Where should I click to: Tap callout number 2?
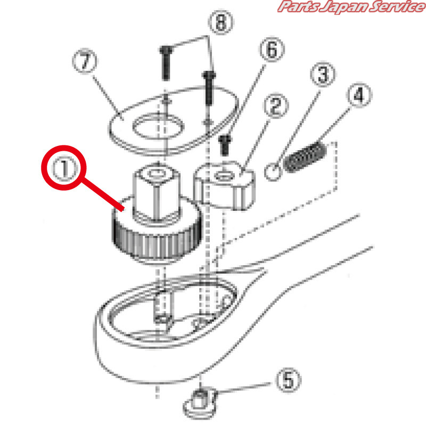[x=276, y=105]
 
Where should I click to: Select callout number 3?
[x=323, y=74]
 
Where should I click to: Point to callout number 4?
[x=359, y=95]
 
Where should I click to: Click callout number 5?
[x=289, y=380]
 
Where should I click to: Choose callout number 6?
[x=272, y=50]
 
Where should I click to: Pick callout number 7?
[x=85, y=61]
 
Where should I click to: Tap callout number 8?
[x=221, y=22]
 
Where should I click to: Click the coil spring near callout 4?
[x=305, y=157]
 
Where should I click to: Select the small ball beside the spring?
[x=273, y=172]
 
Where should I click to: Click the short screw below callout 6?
[x=225, y=145]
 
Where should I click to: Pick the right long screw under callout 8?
[x=209, y=87]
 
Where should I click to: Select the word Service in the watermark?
[x=397, y=6]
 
